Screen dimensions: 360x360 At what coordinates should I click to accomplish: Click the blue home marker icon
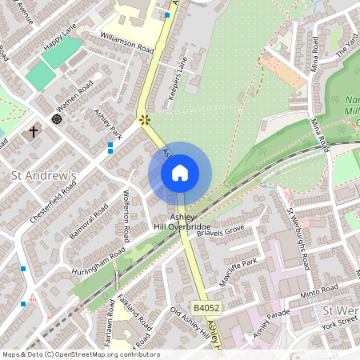tap(180, 173)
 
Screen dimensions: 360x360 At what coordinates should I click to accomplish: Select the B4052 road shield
tap(206, 306)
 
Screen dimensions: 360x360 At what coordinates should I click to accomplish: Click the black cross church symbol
tap(34, 130)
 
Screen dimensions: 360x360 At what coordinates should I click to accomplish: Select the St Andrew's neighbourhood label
tap(42, 175)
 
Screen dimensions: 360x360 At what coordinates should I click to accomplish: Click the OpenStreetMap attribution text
tap(81, 354)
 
